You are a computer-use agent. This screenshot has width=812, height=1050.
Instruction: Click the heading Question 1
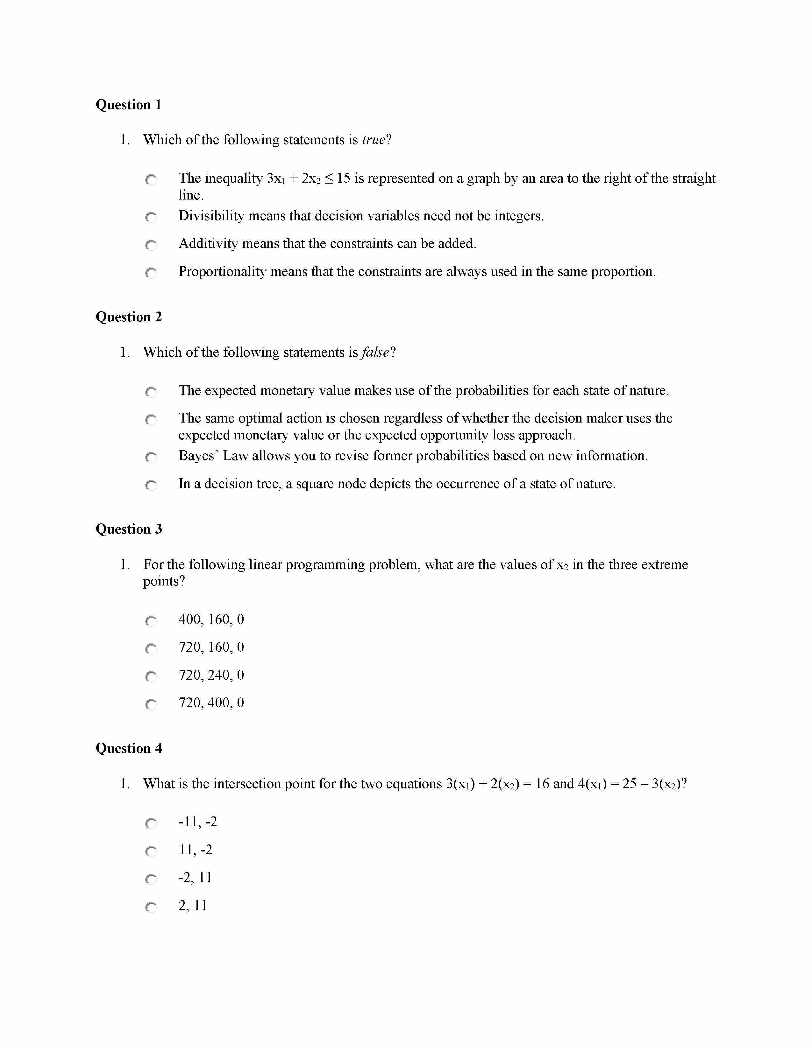128,105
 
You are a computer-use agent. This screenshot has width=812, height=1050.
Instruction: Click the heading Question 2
128,317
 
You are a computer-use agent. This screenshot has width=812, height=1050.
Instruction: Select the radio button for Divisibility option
151,217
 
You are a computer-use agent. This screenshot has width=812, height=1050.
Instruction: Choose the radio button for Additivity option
151,245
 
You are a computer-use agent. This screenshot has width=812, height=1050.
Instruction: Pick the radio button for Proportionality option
151,273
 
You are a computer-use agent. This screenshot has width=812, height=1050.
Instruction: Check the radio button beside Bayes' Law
151,457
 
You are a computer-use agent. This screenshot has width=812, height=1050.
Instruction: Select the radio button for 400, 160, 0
151,621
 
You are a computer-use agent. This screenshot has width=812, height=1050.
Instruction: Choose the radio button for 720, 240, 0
151,676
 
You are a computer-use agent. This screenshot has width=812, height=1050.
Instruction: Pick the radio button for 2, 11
151,907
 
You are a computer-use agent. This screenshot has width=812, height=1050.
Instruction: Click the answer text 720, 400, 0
211,703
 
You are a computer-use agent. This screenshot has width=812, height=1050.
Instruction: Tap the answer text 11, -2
195,850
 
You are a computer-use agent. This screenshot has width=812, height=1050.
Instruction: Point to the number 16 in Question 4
542,784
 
